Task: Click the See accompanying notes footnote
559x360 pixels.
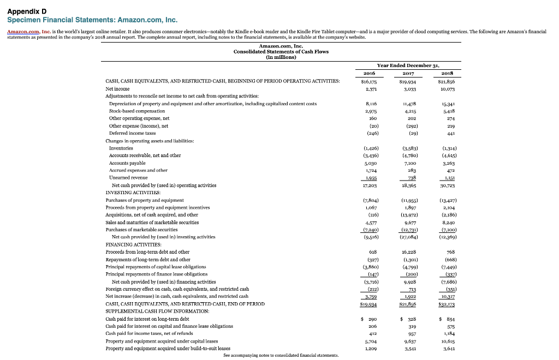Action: pyautogui.click(x=281, y=355)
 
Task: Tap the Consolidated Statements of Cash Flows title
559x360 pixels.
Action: pyautogui.click(x=281, y=51)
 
